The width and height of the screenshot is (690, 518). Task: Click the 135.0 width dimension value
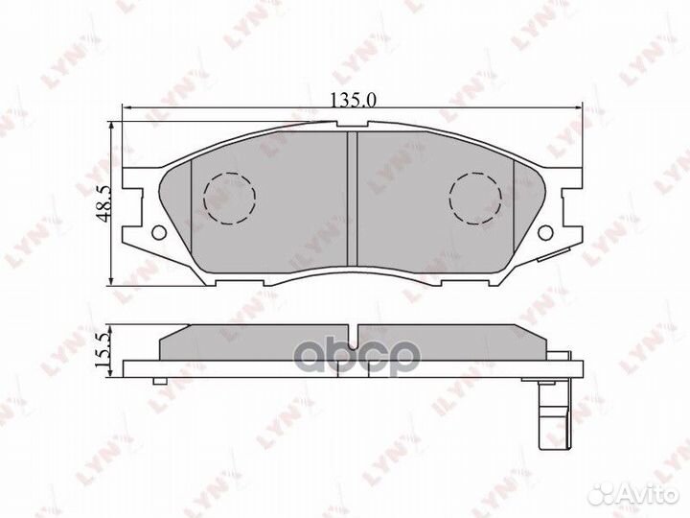tap(346, 97)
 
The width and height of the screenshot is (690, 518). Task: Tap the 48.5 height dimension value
tap(103, 202)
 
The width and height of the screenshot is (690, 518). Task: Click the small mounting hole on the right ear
tap(545, 231)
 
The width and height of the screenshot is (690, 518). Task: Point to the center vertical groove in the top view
tap(351, 197)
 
